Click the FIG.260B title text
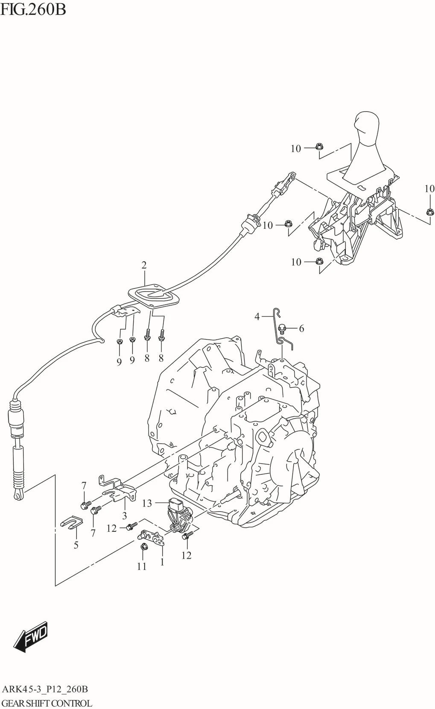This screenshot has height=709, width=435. pyautogui.click(x=33, y=10)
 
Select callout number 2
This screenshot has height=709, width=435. pyautogui.click(x=144, y=265)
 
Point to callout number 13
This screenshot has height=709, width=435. pyautogui.click(x=147, y=503)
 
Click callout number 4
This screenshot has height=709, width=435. pyautogui.click(x=257, y=316)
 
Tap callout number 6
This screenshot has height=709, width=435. pyautogui.click(x=301, y=329)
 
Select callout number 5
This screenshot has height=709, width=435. pyautogui.click(x=76, y=545)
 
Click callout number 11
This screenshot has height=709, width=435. pyautogui.click(x=142, y=566)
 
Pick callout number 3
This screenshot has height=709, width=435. pyautogui.click(x=124, y=516)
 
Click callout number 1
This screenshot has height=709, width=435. pyautogui.click(x=162, y=562)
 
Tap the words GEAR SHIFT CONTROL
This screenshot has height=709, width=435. pyautogui.click(x=46, y=703)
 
